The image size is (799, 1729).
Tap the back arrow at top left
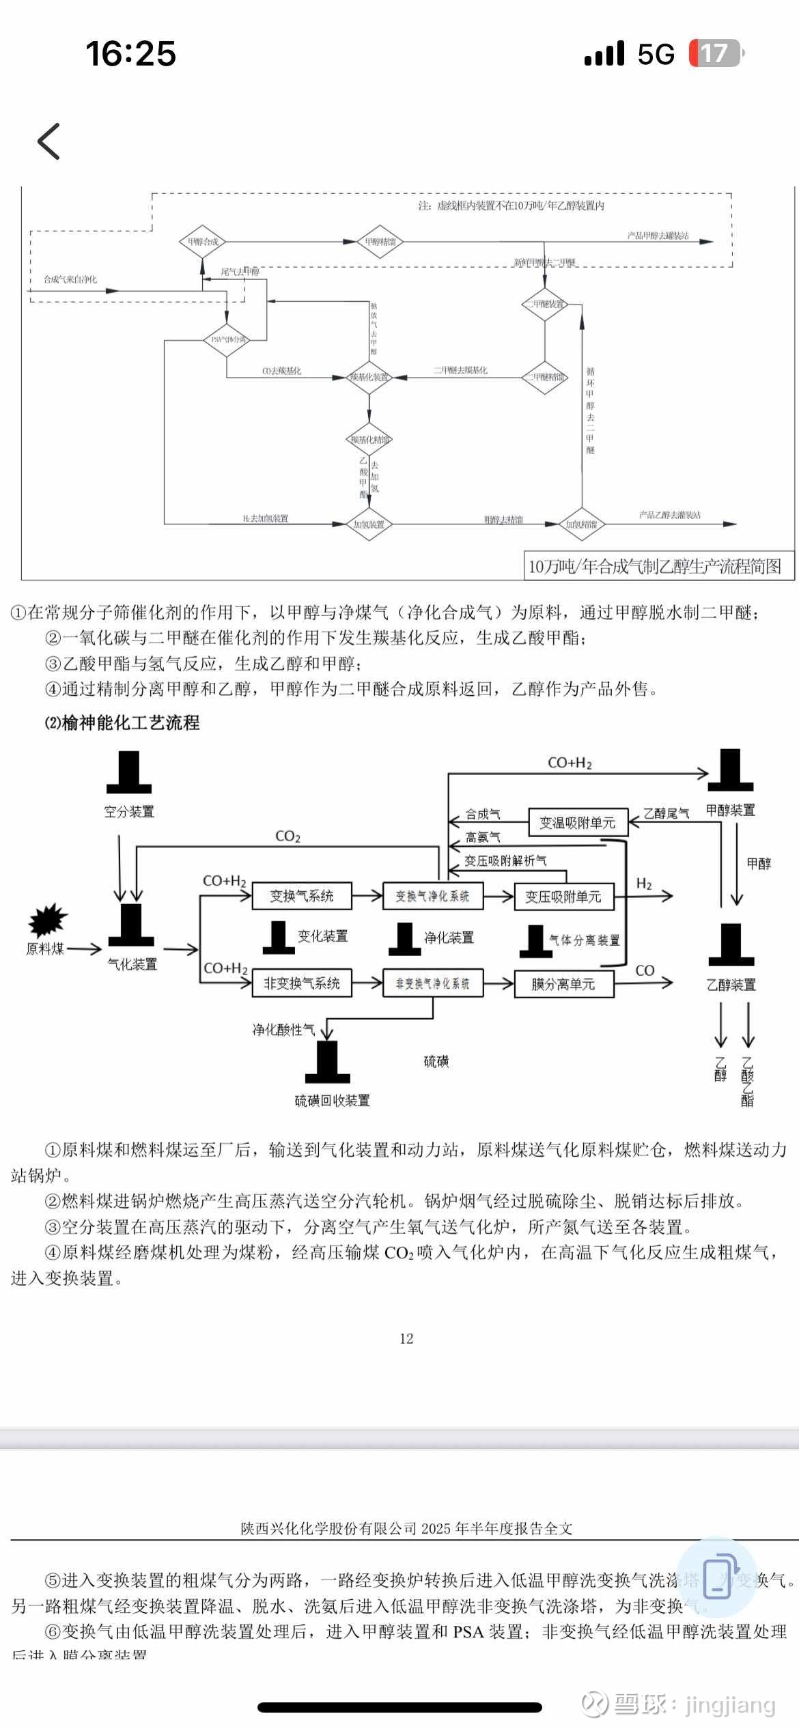click(49, 141)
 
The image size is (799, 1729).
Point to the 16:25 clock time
click(130, 53)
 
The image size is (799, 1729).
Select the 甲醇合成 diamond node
click(202, 242)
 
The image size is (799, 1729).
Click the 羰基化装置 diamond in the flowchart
click(369, 377)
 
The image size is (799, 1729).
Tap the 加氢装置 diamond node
click(369, 524)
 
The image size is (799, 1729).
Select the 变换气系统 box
click(302, 896)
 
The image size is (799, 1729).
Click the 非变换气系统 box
click(302, 983)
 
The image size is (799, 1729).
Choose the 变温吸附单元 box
click(578, 823)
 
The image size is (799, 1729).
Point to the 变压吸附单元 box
click(563, 897)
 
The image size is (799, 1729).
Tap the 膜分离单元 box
click(563, 984)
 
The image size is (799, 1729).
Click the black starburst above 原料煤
click(48, 919)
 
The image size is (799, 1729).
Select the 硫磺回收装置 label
click(333, 1100)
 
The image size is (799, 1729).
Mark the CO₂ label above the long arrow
click(288, 837)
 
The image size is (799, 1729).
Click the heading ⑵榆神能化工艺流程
click(122, 722)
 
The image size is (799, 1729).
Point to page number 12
click(406, 1338)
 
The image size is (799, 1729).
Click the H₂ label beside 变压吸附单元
click(644, 884)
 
